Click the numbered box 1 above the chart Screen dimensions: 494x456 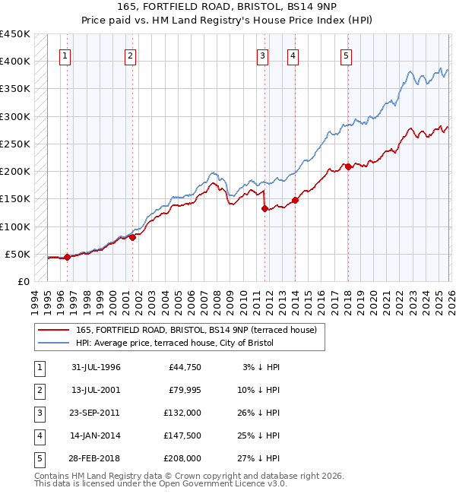click(65, 55)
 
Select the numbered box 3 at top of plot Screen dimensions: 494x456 click(262, 55)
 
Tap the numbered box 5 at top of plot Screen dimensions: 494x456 click(346, 55)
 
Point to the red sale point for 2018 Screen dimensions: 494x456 click(348, 166)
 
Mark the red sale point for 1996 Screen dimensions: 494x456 click(67, 257)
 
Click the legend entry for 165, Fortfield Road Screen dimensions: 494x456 click(179, 330)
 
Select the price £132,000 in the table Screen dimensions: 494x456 click(183, 413)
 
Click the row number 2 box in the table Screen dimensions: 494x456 click(38, 390)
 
